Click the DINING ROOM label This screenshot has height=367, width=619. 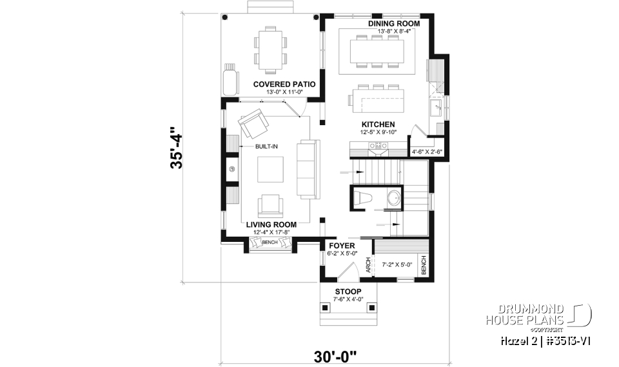coord(394,23)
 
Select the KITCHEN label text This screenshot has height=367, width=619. coord(378,124)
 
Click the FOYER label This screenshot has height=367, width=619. coord(342,246)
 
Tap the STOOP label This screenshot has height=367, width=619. coord(348,292)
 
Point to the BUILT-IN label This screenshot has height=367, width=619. coord(266,146)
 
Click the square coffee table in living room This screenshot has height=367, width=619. coord(269,170)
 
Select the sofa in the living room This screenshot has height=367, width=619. coord(305,168)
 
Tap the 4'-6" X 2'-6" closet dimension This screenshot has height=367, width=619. coord(427,152)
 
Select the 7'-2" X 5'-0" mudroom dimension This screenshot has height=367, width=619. coord(397,264)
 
